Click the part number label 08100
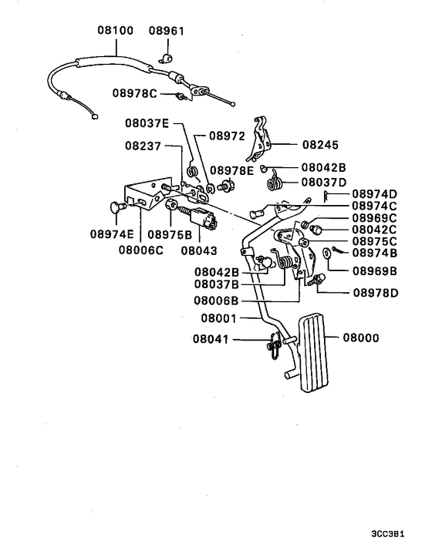point(115,32)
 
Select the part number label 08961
point(167,32)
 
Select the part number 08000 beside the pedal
point(363,337)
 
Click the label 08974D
point(376,193)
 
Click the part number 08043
point(199,250)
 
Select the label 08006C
point(141,250)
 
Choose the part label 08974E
point(112,233)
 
